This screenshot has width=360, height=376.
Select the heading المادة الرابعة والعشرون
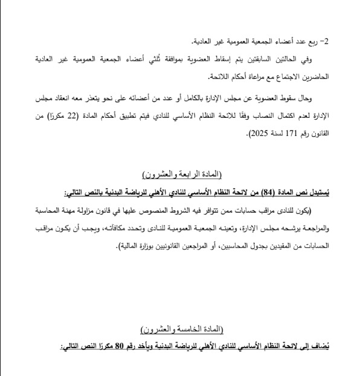pyautogui.click(x=182, y=175)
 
